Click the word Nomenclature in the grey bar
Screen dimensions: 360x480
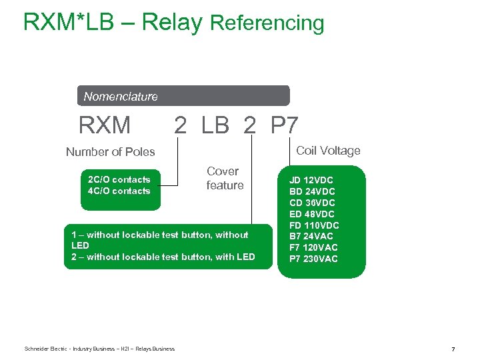[x=121, y=97]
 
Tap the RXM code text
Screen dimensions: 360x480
[x=105, y=125]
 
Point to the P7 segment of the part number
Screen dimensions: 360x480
[x=285, y=125]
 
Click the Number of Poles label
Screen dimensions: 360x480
[x=110, y=152]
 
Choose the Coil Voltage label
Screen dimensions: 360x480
[x=328, y=151]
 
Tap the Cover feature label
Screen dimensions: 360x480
[x=225, y=178]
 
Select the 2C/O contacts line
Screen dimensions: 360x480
[x=119, y=179]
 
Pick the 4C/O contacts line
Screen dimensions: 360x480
[x=119, y=191]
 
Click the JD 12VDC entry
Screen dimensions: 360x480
[x=311, y=180]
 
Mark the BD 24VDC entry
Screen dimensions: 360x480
[x=312, y=191]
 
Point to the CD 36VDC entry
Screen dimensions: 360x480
[x=312, y=203]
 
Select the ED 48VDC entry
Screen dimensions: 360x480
[x=312, y=214]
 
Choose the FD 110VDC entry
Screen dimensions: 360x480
[x=314, y=225]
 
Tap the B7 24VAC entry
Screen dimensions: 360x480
[x=311, y=236]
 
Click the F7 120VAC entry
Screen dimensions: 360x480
[x=313, y=247]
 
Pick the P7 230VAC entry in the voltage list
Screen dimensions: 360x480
[x=313, y=259]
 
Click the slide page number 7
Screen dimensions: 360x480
[x=453, y=349]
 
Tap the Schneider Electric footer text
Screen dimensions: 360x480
[x=99, y=349]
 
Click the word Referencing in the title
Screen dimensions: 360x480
[x=267, y=23]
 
